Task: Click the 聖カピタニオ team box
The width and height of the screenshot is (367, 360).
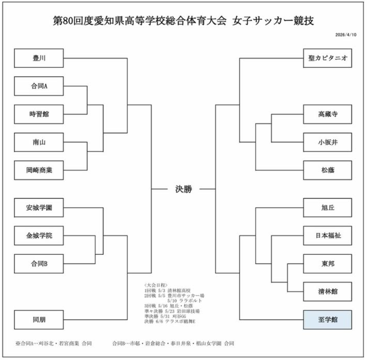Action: [x=328, y=58]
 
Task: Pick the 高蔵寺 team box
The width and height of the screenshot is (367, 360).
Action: [x=328, y=114]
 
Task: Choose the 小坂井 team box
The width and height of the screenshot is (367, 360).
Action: [x=328, y=142]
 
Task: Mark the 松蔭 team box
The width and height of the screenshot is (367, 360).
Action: [x=328, y=170]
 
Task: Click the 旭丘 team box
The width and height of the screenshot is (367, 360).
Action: [x=328, y=207]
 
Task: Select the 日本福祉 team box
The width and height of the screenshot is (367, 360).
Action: [x=328, y=236]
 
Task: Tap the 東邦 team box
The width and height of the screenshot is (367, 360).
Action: [x=328, y=264]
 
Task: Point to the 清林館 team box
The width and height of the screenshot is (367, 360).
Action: [x=328, y=291]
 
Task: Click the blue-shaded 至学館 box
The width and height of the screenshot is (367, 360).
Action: [x=328, y=320]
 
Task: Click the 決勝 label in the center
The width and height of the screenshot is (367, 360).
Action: [x=183, y=189]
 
